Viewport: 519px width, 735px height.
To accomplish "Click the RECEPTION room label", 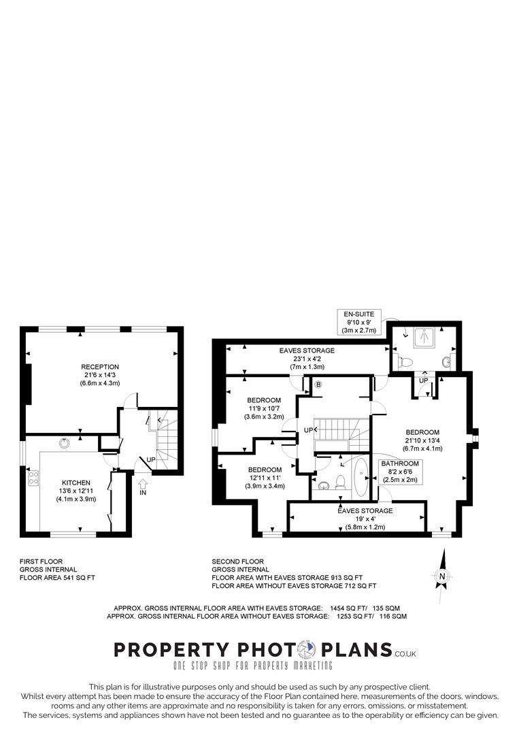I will pos(100,367).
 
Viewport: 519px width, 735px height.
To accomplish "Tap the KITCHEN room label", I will pos(74,483).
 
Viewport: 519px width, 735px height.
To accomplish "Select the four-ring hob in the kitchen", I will pos(32,478).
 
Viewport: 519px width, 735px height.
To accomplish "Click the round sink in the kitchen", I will pos(64,443).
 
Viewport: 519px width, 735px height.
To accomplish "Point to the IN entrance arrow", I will pos(142,487).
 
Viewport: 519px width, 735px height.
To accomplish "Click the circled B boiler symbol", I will pos(318,385).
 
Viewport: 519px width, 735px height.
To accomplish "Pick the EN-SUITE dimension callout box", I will pos(363,322).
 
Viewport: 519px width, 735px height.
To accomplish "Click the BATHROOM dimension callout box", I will pos(400,471).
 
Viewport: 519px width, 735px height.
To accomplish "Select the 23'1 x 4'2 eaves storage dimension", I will pos(307,359).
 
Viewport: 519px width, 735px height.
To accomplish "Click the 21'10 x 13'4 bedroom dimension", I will pos(422,440).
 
